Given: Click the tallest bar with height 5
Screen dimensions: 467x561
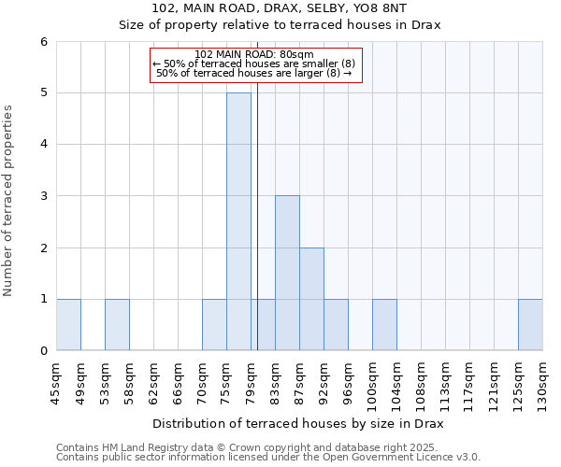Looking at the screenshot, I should coord(238,221).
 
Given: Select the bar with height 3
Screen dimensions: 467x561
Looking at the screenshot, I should coord(287,273).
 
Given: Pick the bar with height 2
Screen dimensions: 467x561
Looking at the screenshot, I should coord(311,299).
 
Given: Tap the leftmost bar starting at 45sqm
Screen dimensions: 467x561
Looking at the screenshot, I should coord(68,324).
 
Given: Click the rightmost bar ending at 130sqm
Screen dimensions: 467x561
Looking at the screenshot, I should coord(530,324).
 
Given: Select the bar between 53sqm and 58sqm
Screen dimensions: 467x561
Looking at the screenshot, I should coord(117,324).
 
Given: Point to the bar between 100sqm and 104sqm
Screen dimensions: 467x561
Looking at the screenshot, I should coord(384,324).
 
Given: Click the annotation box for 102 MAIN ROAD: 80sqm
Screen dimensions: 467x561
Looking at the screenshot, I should coord(255,64).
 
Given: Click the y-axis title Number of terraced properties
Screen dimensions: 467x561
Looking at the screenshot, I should coord(8,200).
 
